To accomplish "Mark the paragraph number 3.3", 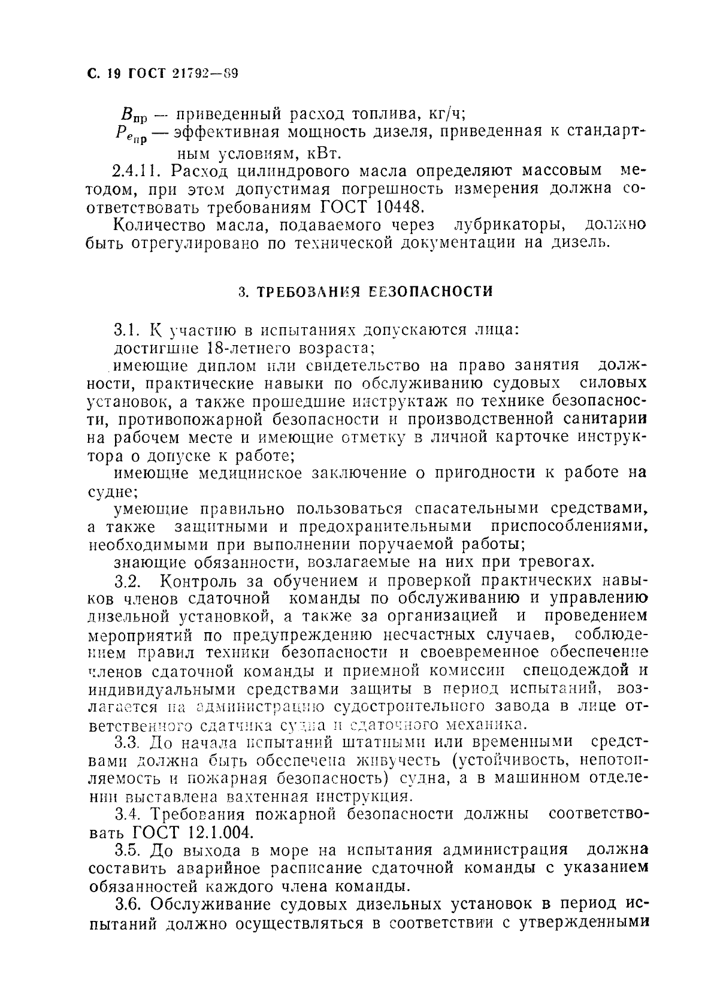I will (x=126, y=743).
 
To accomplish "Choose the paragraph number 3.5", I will (x=126, y=851).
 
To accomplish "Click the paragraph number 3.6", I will (x=126, y=905).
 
